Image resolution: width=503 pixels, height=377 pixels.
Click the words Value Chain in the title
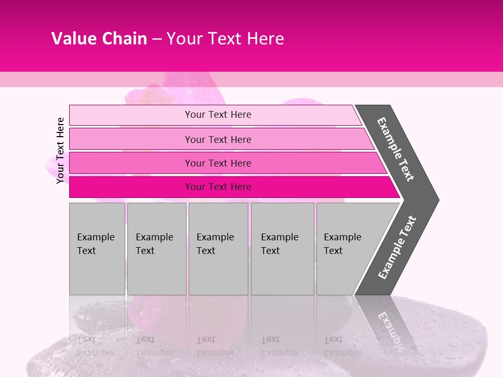[99, 39]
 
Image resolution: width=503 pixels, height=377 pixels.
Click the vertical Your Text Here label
[60, 150]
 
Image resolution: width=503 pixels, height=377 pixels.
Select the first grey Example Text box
[97, 249]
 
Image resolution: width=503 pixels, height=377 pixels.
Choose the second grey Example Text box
[157, 249]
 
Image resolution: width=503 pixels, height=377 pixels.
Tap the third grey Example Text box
[218, 249]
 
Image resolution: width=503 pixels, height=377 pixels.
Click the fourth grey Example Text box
[282, 249]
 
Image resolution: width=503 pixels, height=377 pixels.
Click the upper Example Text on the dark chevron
[396, 149]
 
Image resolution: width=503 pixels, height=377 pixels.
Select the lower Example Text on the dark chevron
[397, 247]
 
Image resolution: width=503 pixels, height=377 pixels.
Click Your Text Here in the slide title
[225, 39]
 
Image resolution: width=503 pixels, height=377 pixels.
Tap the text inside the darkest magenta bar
[218, 187]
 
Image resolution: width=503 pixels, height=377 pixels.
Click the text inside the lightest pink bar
[218, 115]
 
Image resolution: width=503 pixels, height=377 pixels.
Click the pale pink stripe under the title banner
[251, 80]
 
